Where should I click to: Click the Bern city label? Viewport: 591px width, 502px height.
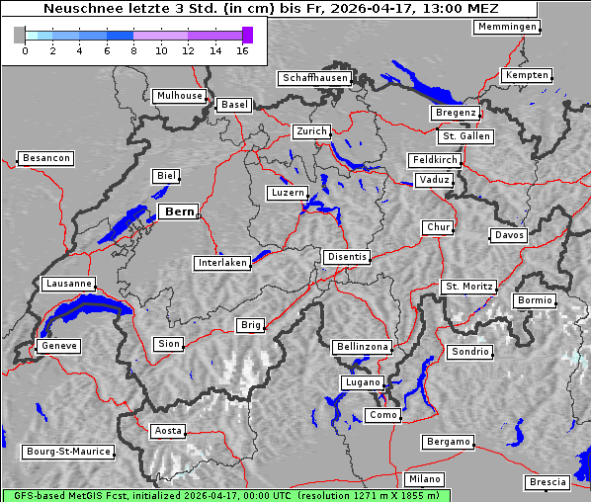[x=179, y=211]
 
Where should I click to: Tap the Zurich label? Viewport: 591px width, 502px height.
[x=310, y=131]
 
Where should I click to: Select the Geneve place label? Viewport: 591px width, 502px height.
[x=58, y=346]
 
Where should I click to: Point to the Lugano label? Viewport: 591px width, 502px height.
[x=361, y=382]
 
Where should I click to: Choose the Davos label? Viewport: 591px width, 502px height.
[x=509, y=235]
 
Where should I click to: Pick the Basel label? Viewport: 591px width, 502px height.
[x=234, y=104]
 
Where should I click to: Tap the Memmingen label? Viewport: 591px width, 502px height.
[x=507, y=27]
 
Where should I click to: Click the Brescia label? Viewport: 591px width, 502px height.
[x=548, y=482]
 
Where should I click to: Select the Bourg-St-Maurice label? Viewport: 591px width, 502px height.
[x=68, y=452]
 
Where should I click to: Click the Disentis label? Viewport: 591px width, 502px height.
[x=346, y=257]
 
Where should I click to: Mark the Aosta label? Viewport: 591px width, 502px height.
[x=167, y=431]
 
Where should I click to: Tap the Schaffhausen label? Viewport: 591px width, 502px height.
[x=314, y=77]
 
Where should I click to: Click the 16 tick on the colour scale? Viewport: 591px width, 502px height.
[x=243, y=49]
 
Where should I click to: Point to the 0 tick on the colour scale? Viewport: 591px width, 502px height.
[x=25, y=49]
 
